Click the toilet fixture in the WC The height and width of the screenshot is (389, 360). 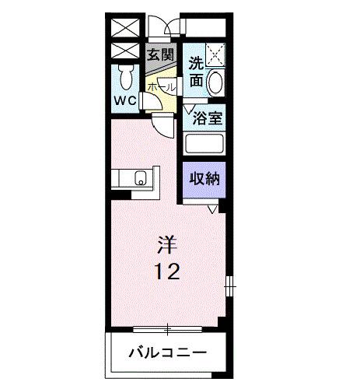tap(125, 78)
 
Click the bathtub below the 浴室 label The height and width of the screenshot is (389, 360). tap(204, 145)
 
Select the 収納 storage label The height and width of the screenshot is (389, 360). tap(204, 178)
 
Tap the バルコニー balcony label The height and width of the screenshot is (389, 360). tap(167, 352)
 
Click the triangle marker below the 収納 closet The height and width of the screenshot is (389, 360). tap(212, 209)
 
